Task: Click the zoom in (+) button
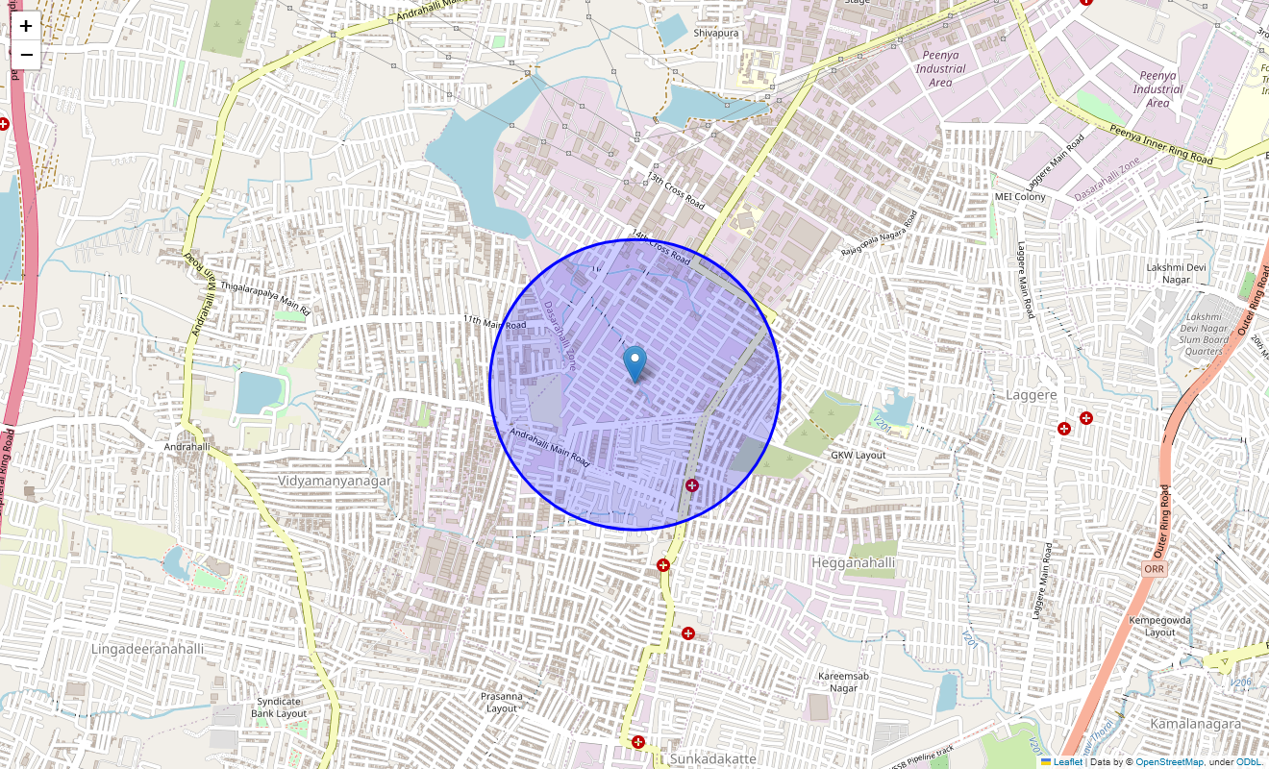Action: (26, 26)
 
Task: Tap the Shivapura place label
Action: (716, 33)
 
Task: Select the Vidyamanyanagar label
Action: (335, 481)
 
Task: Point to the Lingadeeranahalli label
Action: (148, 649)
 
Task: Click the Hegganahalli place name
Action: (853, 562)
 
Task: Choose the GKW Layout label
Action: (858, 455)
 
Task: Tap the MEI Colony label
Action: (1020, 197)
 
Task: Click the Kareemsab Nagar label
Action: (843, 682)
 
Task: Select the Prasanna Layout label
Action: (502, 702)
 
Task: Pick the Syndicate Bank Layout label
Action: (279, 707)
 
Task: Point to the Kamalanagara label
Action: (1195, 723)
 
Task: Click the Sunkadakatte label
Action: (712, 759)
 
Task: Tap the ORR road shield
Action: (1155, 569)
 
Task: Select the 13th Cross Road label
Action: (676, 192)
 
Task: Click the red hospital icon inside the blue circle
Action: (691, 485)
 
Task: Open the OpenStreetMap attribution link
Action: (1169, 762)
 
